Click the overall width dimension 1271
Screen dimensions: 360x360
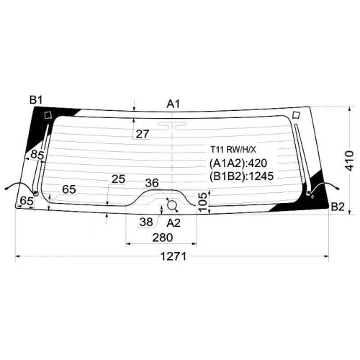click(x=173, y=256)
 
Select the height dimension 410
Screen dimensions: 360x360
click(x=350, y=161)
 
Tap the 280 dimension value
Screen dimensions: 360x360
click(x=163, y=238)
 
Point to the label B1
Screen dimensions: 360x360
click(x=36, y=100)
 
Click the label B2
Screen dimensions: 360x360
click(x=338, y=207)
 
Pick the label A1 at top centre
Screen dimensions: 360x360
click(x=174, y=104)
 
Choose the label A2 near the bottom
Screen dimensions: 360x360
click(x=174, y=223)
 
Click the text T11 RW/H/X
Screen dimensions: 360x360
click(x=233, y=150)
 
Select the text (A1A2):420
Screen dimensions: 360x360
click(x=238, y=163)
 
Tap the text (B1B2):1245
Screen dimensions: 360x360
click(x=241, y=176)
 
